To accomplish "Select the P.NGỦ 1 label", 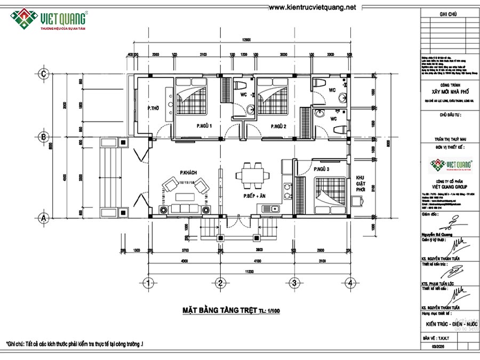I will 204,126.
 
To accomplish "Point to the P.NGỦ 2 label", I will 278,126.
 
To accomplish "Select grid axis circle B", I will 45,137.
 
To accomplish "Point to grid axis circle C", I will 45,74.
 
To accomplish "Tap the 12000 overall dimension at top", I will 245,40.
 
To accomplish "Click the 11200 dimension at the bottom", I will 245,270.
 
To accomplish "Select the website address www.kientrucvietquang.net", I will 312,7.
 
